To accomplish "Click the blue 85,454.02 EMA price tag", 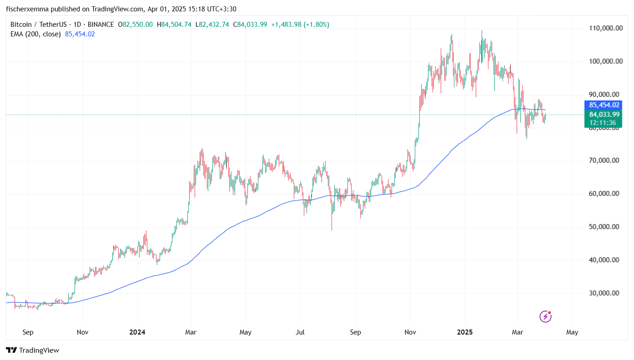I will point(604,105).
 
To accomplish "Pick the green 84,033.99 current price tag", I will point(604,114).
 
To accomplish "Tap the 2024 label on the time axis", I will point(137,332).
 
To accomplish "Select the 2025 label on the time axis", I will point(465,332).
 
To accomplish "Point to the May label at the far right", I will point(572,332).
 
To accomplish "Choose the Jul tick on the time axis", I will point(300,332).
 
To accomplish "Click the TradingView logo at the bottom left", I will point(32,350).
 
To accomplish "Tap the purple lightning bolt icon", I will point(545,316).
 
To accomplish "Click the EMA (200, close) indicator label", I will point(35,34).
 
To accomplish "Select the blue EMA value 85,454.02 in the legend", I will point(80,34).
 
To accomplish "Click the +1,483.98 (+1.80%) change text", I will point(300,25).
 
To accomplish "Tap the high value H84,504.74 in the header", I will point(174,25).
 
